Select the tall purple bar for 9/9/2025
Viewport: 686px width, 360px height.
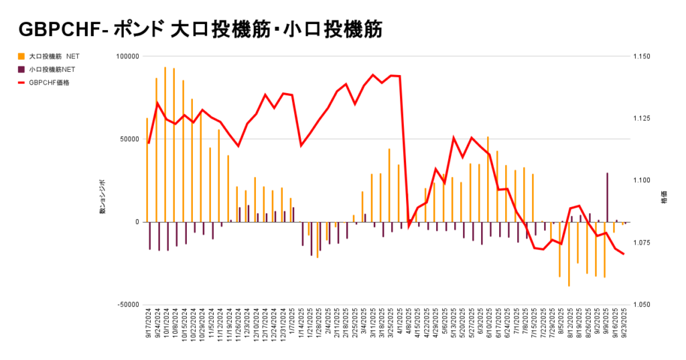click(x=607, y=197)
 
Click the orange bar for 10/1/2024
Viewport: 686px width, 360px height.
click(x=165, y=144)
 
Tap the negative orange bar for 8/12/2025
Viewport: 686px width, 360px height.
click(x=569, y=253)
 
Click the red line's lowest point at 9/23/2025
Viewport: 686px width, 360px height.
click(x=624, y=253)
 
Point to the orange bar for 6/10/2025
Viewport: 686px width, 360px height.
click(x=488, y=179)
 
